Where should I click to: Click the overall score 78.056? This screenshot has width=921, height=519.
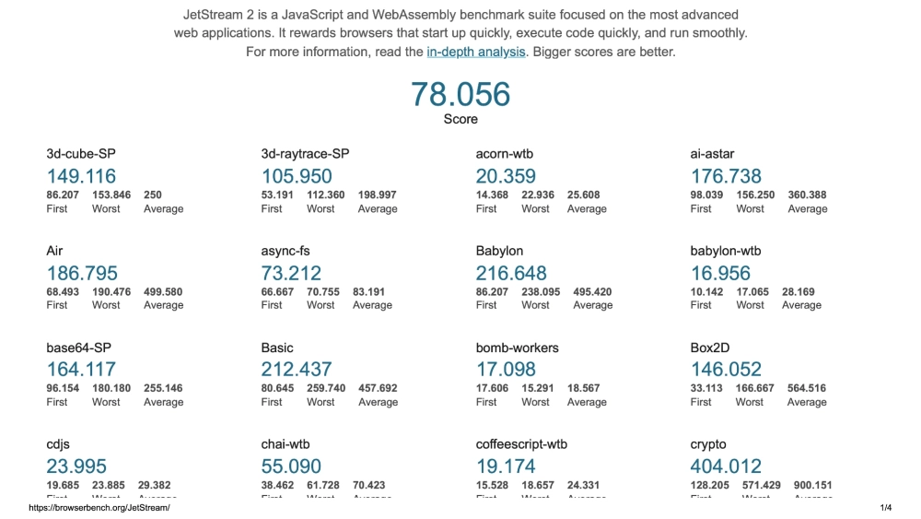point(460,94)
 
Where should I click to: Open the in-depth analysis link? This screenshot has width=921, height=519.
point(475,52)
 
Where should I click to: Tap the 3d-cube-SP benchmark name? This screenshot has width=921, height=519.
point(81,154)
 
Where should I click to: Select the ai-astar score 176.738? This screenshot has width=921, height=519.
point(726,176)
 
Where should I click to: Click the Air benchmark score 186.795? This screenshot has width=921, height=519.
point(82,273)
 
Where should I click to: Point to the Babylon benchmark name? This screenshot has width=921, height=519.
point(499,251)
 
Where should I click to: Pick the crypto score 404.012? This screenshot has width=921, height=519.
point(726,466)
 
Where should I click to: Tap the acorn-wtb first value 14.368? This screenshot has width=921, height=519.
point(492,195)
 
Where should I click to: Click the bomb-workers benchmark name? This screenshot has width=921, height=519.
point(517,348)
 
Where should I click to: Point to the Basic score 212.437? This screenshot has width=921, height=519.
point(297,370)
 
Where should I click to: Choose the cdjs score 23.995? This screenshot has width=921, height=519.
point(76,466)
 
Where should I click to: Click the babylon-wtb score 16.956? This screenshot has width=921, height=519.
point(720,273)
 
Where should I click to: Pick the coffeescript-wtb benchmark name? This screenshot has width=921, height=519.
point(521,444)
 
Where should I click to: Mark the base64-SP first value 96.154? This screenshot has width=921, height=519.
point(63,388)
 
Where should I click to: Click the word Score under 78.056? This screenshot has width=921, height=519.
point(460,119)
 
